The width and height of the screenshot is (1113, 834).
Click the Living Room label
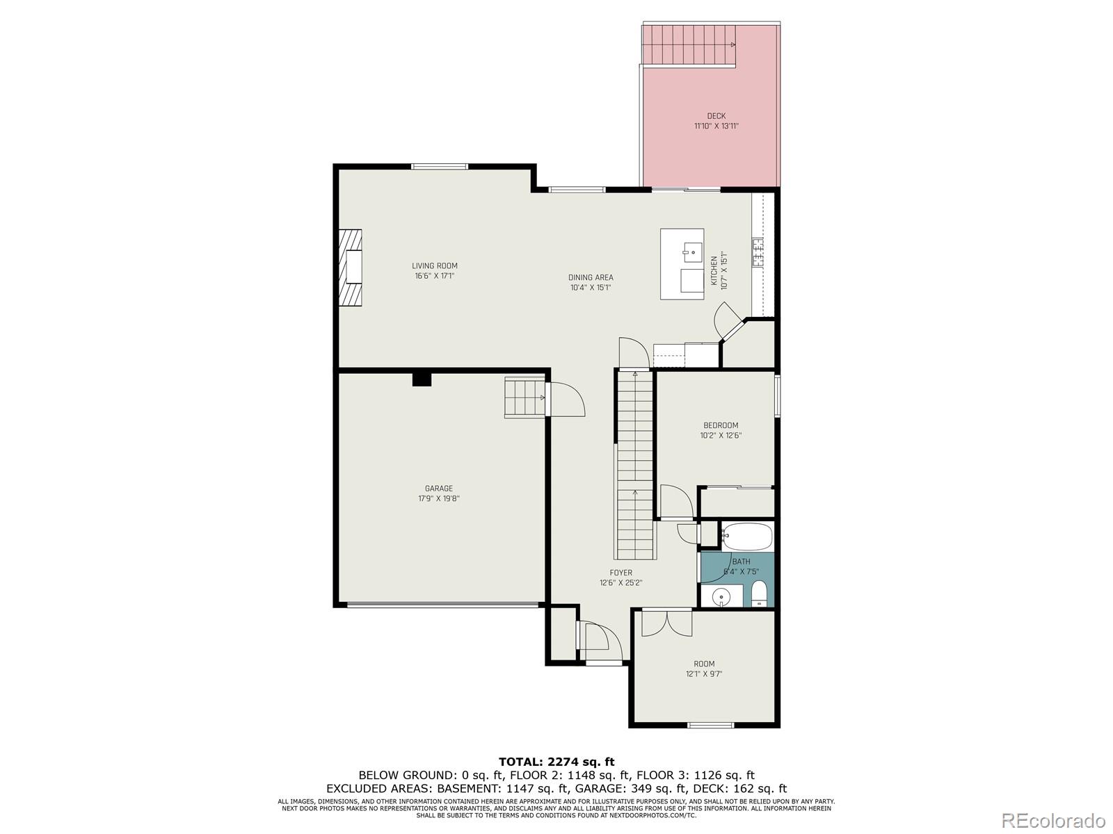(x=435, y=265)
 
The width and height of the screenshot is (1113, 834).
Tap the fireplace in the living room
(x=351, y=267)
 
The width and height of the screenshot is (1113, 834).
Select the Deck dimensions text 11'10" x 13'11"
(x=716, y=126)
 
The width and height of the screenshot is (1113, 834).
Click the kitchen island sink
(x=692, y=248)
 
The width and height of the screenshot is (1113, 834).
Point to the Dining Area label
(x=591, y=277)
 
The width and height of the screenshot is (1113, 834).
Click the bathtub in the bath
(x=746, y=537)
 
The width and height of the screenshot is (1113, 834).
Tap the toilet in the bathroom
(x=758, y=594)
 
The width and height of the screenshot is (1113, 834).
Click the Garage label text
(x=439, y=489)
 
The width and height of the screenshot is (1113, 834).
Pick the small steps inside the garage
(x=525, y=398)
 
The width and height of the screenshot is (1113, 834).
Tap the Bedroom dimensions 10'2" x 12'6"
(x=721, y=436)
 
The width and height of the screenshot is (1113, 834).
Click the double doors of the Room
(x=666, y=621)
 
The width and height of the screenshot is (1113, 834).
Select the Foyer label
(x=620, y=573)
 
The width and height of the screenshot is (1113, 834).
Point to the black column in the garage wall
(x=422, y=379)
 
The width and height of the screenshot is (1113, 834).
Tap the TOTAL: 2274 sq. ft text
(x=556, y=762)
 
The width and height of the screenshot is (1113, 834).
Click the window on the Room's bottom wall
(x=710, y=726)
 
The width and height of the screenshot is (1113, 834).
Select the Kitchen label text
(x=714, y=270)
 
